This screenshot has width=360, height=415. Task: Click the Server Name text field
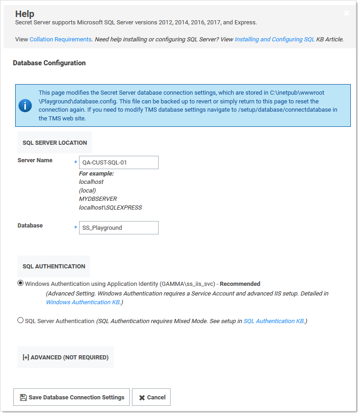[x=119, y=162]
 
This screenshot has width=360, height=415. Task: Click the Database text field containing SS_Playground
[x=119, y=227]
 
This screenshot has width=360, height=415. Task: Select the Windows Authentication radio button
[x=20, y=283]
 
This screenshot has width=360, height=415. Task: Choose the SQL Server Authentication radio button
[x=20, y=320]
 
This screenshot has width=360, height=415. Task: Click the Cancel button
[x=151, y=397]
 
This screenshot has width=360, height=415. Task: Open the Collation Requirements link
[x=61, y=40]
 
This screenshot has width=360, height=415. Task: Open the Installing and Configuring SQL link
[x=274, y=40]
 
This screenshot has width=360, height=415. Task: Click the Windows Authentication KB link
[x=83, y=302]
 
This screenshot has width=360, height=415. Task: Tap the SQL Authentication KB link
[x=274, y=321]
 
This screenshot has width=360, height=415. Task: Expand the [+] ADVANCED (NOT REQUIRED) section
[x=65, y=357]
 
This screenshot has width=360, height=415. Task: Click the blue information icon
[x=25, y=105]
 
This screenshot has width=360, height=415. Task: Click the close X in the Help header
[x=346, y=13]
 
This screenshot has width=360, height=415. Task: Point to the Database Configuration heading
[x=49, y=63]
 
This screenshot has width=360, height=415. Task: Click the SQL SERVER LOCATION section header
[x=55, y=142]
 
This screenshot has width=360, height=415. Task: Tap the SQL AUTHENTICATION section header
[x=54, y=266]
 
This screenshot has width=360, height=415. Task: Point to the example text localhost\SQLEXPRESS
[x=110, y=207]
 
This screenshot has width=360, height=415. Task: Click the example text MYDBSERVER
[x=98, y=199]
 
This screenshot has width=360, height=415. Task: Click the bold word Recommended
[x=240, y=284]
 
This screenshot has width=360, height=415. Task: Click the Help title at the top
[x=25, y=14]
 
